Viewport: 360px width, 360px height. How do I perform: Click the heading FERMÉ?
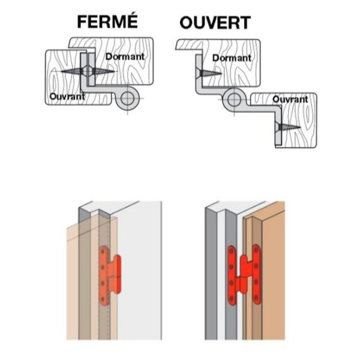pyautogui.click(x=107, y=22)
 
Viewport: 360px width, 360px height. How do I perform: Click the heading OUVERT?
pyautogui.click(x=215, y=23)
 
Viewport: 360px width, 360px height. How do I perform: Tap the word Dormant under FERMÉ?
pyautogui.click(x=125, y=56)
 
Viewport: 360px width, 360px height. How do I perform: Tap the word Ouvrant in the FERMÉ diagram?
pyautogui.click(x=67, y=96)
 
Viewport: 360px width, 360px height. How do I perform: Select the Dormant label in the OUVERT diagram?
pyautogui.click(x=232, y=58)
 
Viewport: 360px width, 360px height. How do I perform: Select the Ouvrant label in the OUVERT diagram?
pyautogui.click(x=290, y=100)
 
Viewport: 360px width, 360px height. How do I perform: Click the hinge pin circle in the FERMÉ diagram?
pyautogui.click(x=128, y=99)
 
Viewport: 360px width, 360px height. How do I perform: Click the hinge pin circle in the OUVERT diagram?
pyautogui.click(x=234, y=100)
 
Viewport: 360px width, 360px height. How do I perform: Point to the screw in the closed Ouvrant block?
pyautogui.click(x=71, y=71)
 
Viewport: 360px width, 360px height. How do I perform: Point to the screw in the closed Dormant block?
pyautogui.click(x=103, y=71)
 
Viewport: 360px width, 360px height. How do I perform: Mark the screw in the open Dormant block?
pyautogui.click(x=209, y=73)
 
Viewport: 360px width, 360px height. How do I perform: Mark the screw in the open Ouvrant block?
pyautogui.click(x=289, y=127)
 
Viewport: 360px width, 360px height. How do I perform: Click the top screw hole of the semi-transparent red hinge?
pyautogui.click(x=103, y=251)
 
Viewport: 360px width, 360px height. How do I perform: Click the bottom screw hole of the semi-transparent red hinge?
pyautogui.click(x=103, y=299)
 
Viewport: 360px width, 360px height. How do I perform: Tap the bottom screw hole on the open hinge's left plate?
pyautogui.click(x=232, y=298)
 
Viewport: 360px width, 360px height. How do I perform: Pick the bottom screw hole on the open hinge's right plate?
pyautogui.click(x=256, y=298)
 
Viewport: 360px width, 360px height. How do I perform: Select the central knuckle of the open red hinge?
pyautogui.click(x=244, y=274)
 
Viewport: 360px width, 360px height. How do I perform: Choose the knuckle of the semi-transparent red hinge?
pyautogui.click(x=117, y=274)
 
